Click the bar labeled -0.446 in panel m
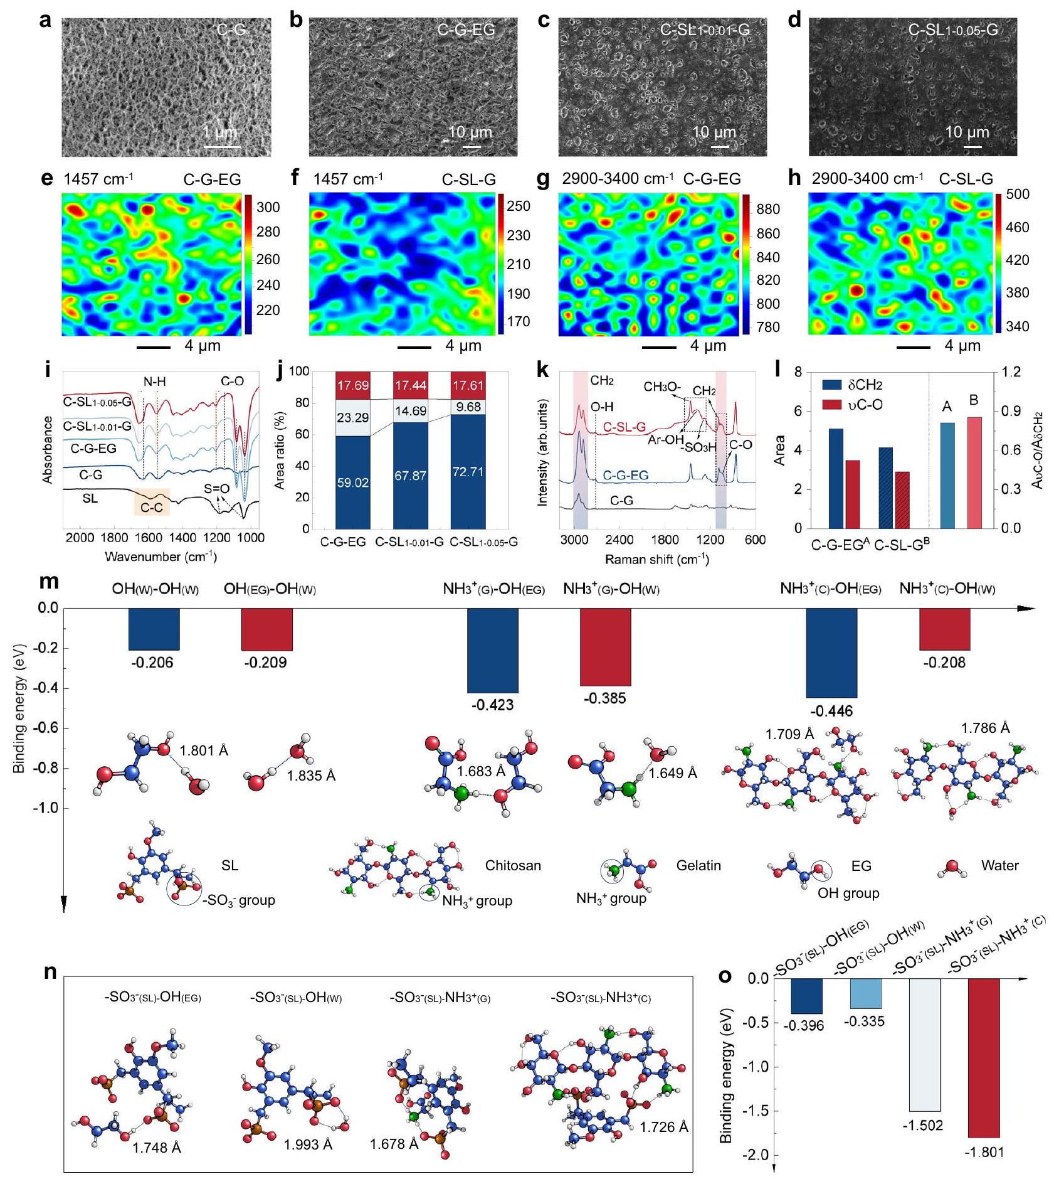[x=831, y=653]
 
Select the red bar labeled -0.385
[x=605, y=647]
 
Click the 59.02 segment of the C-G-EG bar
[x=352, y=482]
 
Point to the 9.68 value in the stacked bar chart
[x=468, y=407]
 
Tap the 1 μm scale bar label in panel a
[x=219, y=132]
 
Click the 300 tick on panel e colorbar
[x=268, y=207]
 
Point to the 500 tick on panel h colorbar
[x=1017, y=195]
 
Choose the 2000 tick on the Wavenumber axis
[x=80, y=538]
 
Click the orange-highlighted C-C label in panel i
[x=151, y=507]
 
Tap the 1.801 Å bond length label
[x=204, y=750]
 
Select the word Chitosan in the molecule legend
[x=513, y=866]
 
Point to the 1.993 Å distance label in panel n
[x=308, y=1144]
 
